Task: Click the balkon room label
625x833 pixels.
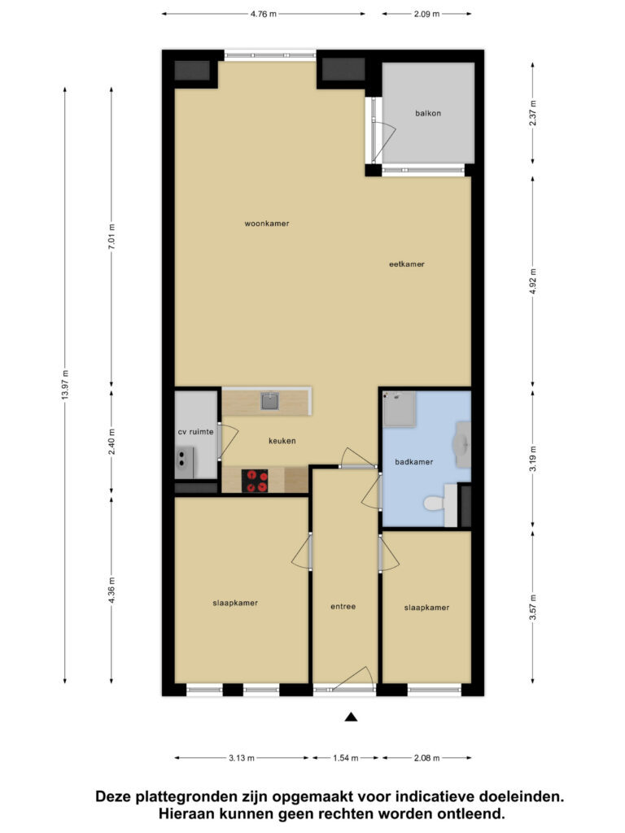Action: (x=428, y=113)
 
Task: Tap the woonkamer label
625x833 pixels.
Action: (x=267, y=224)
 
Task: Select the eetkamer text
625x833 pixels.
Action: (x=407, y=264)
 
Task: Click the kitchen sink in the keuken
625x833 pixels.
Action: (x=270, y=401)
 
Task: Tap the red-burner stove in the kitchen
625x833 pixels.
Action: (x=255, y=481)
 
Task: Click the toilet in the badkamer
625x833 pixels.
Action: (x=435, y=502)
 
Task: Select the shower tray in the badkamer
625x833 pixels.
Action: (x=400, y=409)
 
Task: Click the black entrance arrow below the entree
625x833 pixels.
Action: (x=350, y=717)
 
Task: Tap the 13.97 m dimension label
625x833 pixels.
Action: (x=65, y=384)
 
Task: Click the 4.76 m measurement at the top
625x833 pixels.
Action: (x=264, y=15)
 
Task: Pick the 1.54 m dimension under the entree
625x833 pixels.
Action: (x=345, y=758)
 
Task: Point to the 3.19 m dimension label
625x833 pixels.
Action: (x=532, y=459)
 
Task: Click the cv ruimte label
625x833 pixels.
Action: (x=195, y=432)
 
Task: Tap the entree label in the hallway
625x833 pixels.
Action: (x=343, y=606)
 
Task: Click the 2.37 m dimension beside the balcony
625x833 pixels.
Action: (x=532, y=113)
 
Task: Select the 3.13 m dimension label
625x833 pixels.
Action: (x=242, y=758)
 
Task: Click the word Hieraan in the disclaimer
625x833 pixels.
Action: (x=185, y=813)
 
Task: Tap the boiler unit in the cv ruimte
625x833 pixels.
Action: (x=185, y=462)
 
